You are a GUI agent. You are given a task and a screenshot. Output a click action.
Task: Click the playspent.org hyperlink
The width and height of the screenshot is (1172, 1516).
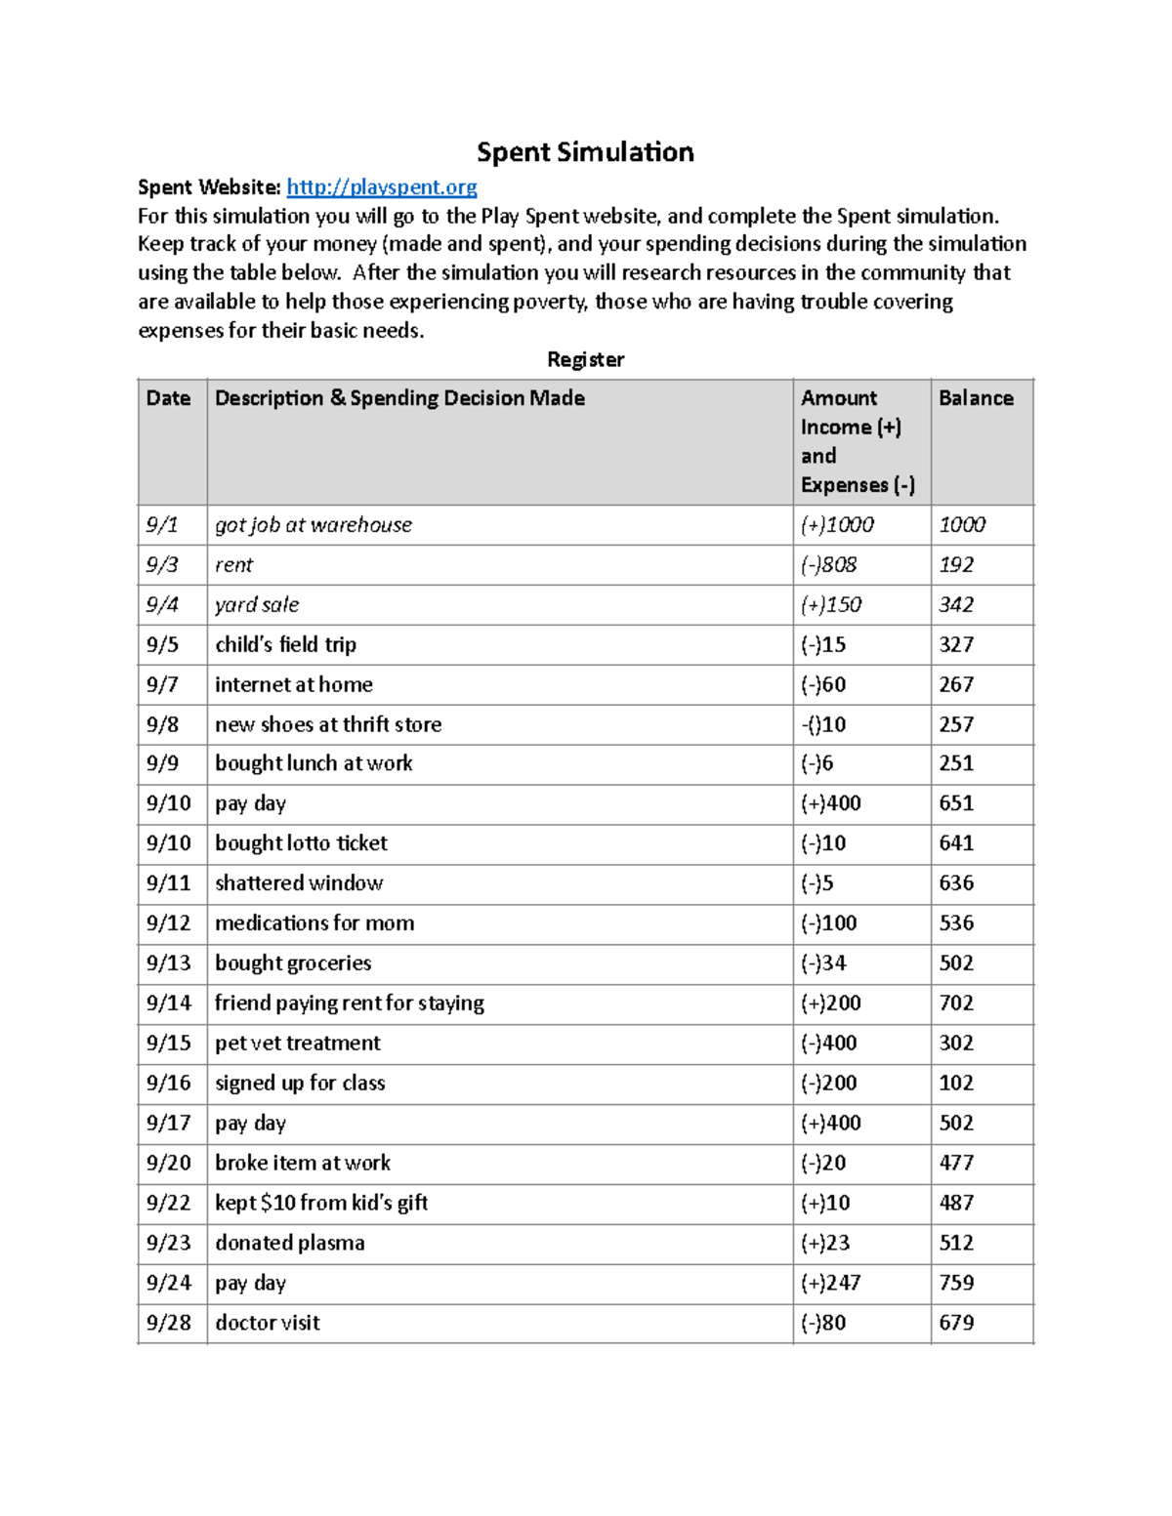click(x=381, y=187)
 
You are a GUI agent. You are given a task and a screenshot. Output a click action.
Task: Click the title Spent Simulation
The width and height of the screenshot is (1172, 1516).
click(x=585, y=152)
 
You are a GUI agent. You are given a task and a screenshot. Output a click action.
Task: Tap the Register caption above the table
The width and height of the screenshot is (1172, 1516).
click(x=585, y=359)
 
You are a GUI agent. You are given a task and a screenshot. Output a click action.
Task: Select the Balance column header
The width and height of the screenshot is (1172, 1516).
click(x=976, y=398)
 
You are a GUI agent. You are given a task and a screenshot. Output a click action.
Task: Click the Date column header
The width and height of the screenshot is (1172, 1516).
click(x=168, y=398)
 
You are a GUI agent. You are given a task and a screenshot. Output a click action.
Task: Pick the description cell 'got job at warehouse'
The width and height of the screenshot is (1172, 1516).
click(x=314, y=525)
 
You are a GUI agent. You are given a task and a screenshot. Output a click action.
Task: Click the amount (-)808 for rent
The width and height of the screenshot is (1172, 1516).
click(x=828, y=565)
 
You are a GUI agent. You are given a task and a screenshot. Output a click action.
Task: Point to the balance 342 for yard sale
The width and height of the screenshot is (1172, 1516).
click(x=956, y=605)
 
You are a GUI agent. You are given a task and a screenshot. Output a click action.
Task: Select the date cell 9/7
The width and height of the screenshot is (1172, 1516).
click(x=162, y=685)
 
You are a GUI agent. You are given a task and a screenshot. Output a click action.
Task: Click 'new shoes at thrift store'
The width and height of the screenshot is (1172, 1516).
click(x=328, y=724)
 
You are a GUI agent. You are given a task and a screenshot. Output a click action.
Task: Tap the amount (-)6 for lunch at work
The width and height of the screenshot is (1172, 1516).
click(x=817, y=763)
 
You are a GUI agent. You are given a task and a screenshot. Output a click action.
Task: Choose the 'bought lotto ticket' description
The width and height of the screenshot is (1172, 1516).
click(x=301, y=843)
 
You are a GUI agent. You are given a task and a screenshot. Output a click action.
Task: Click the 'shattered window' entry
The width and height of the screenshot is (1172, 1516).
click(x=299, y=883)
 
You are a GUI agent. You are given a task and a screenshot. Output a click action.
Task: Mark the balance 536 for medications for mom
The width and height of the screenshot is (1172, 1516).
click(x=956, y=923)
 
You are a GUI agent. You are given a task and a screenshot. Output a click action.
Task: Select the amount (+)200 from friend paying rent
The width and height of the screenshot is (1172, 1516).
click(x=831, y=1004)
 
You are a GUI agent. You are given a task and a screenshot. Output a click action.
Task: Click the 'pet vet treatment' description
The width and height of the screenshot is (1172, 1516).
click(x=298, y=1044)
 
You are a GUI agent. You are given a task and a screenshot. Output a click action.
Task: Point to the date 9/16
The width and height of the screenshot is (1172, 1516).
click(x=168, y=1084)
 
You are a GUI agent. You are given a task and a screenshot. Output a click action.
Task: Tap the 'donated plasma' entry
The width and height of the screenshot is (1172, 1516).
click(x=290, y=1243)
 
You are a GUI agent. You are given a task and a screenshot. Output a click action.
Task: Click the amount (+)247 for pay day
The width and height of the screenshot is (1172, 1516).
click(x=831, y=1283)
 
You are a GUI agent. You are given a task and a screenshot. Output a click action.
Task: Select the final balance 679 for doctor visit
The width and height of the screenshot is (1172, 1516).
click(x=956, y=1323)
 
